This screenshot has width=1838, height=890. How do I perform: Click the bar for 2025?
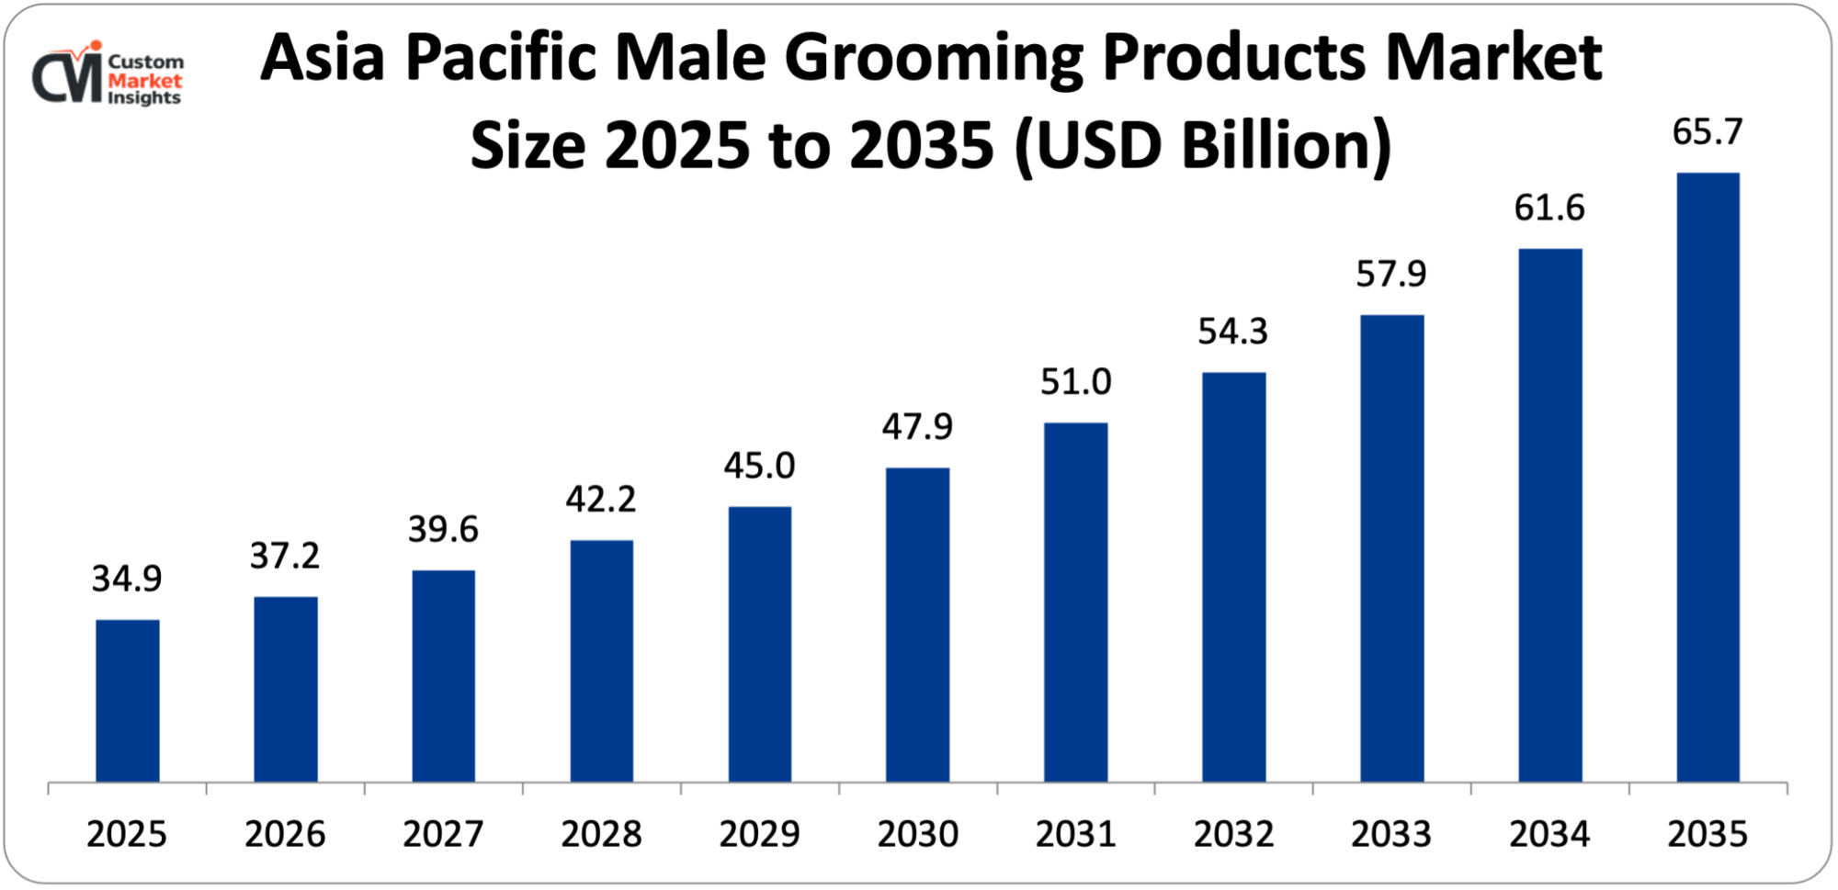point(128,700)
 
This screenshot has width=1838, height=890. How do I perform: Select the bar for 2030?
point(917,625)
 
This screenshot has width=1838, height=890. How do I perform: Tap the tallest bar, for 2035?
point(1708,478)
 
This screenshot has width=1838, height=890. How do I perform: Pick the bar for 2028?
point(601,661)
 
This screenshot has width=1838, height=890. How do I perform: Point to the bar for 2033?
point(1391,548)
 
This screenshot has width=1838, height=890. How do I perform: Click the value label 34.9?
point(127,579)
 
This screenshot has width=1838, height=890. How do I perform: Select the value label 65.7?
point(1707,132)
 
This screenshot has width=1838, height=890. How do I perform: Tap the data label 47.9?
point(917,427)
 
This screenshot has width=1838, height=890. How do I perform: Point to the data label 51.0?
point(1075,382)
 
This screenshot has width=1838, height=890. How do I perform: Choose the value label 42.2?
point(601,500)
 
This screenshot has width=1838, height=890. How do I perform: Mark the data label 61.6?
point(1549,208)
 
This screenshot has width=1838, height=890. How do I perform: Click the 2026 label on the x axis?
point(285,834)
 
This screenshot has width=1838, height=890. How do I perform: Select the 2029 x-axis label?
point(759,834)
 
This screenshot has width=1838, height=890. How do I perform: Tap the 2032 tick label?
point(1233,834)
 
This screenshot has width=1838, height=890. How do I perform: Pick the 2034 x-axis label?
point(1549,834)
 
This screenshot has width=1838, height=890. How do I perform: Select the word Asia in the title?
point(323,59)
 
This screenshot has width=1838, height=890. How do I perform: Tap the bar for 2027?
point(443,676)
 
